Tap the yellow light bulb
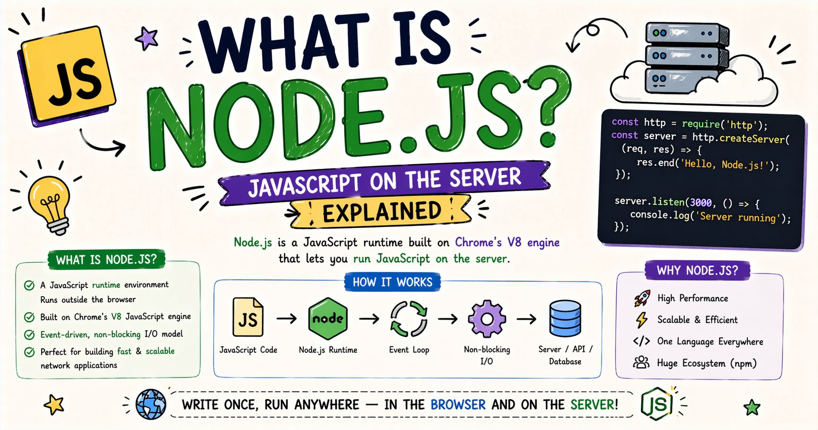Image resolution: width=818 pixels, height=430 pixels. (x=49, y=203)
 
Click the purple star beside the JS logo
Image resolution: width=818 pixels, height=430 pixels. (x=146, y=38)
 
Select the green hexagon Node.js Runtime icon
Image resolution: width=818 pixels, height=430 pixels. (x=328, y=318)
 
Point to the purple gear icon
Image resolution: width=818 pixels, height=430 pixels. (x=487, y=319)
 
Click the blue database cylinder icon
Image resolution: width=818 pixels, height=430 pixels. (x=565, y=318)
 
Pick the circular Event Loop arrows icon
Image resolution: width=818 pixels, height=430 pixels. (x=409, y=318)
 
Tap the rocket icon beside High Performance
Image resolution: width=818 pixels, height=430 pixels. (x=642, y=298)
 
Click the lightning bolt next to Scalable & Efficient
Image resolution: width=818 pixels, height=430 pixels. (x=641, y=320)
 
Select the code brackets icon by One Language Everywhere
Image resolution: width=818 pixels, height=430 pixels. (x=641, y=341)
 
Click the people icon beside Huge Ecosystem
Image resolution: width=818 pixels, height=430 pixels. (x=641, y=363)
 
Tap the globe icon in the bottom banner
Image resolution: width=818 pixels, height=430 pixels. (x=151, y=404)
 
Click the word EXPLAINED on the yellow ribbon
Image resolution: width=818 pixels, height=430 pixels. (x=382, y=212)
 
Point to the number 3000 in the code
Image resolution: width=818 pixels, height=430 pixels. (x=701, y=203)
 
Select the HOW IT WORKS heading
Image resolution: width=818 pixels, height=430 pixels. (x=393, y=282)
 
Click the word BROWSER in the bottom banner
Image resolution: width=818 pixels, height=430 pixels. (x=458, y=405)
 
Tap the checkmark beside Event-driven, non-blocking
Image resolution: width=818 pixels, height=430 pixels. (x=29, y=334)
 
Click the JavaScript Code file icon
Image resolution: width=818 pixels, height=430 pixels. (x=248, y=317)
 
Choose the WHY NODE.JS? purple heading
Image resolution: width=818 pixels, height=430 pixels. (x=697, y=271)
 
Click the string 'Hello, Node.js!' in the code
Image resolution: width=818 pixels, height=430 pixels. (x=722, y=165)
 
